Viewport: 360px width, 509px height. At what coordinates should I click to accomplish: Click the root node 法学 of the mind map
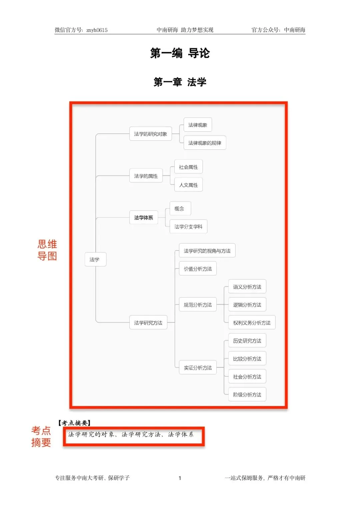coord(95,260)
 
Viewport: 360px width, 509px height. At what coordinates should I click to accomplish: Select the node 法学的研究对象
coord(150,134)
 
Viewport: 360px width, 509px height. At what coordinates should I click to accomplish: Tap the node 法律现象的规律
coord(205,143)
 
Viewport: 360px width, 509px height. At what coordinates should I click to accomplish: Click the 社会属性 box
coord(188,167)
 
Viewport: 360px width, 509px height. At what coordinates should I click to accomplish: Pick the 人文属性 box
coord(188,185)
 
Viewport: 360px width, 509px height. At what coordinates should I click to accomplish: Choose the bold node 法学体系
coord(144,217)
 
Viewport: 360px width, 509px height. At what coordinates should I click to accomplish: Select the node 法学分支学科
coord(188,226)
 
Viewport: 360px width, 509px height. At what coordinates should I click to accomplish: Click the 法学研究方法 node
coord(148,323)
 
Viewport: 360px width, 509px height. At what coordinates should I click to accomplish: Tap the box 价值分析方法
coord(198,269)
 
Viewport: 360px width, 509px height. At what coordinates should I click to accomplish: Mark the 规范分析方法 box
coord(198,305)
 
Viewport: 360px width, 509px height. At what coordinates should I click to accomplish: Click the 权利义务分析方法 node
coord(252,323)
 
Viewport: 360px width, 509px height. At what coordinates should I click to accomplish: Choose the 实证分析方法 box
coord(198,368)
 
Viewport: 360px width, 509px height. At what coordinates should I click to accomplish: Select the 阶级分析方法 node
coord(247,395)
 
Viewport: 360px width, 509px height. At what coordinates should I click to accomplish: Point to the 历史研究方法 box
coord(247,341)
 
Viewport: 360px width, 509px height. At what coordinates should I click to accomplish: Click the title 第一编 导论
coord(180,53)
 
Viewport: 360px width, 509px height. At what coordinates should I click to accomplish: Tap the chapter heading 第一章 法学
coord(180,82)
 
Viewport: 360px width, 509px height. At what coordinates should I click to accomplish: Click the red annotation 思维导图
coord(47,250)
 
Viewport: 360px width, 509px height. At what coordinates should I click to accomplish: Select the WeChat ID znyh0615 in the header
coord(97,30)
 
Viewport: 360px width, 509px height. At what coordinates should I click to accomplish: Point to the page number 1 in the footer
coord(180,478)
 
